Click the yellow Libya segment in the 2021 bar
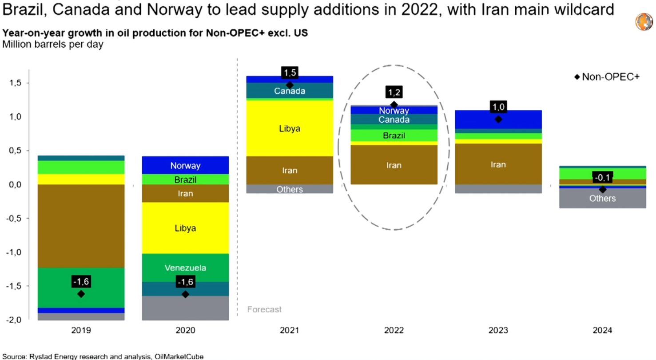[290, 128]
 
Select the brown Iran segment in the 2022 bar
[394, 165]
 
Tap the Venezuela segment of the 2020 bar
[185, 268]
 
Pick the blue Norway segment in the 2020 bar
[185, 165]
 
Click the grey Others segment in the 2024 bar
[602, 198]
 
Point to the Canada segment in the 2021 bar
[290, 91]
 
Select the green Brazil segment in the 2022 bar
[394, 135]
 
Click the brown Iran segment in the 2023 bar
[498, 164]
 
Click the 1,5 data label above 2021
[290, 72]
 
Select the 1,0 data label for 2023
[498, 107]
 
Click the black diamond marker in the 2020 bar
[185, 294]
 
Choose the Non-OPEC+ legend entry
[607, 77]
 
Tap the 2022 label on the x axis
[394, 331]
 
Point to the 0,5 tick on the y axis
[16, 151]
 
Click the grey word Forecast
[264, 309]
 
